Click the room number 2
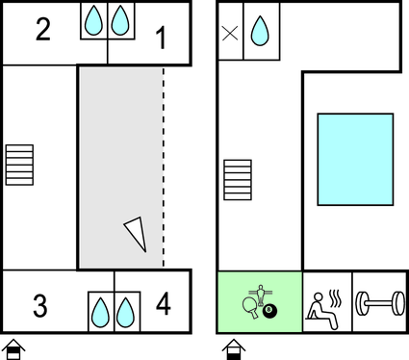[x=43, y=30]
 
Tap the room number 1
[x=162, y=38]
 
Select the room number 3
[x=40, y=306]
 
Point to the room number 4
[x=164, y=303]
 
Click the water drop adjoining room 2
[x=93, y=20]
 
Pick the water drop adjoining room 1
[x=120, y=20]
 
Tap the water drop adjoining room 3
[x=100, y=313]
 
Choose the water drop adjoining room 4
[x=125, y=313]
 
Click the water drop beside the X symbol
[x=260, y=31]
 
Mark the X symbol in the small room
[x=230, y=33]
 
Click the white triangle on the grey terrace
[x=137, y=233]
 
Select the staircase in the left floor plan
[x=19, y=165]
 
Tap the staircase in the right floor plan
[x=238, y=180]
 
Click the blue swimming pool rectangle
[x=355, y=159]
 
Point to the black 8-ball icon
[x=269, y=311]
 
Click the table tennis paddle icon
[x=251, y=307]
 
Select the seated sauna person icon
[x=323, y=311]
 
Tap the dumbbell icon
[x=380, y=303]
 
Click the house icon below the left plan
[x=13, y=349]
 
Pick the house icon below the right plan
[x=234, y=349]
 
